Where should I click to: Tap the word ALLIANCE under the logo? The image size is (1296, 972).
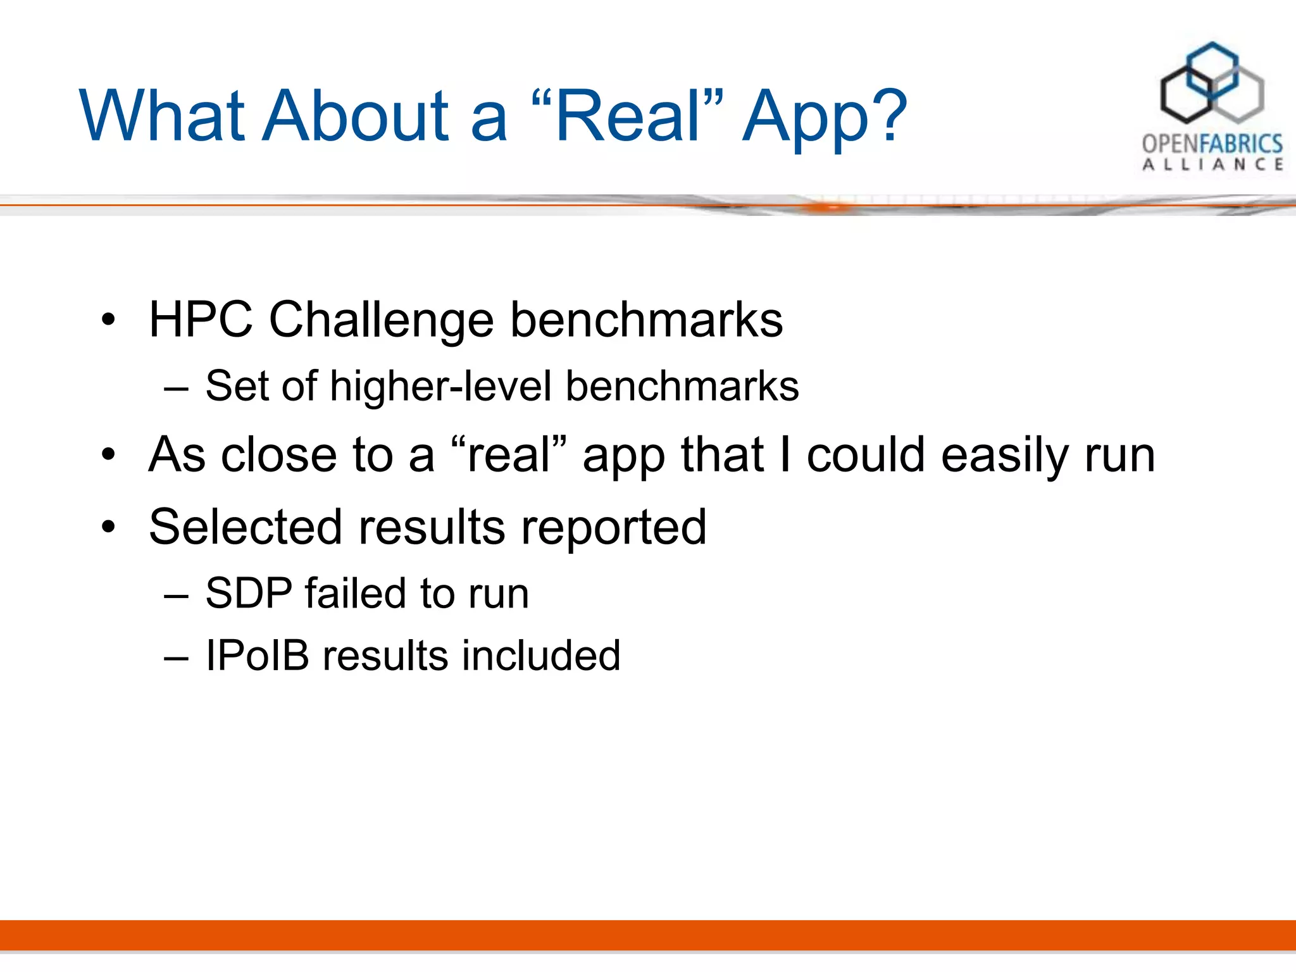coord(1212,165)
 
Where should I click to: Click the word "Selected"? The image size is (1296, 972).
coord(246,526)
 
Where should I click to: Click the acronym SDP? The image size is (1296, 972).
coord(249,593)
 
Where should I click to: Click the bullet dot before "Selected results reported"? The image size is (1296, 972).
coord(109,526)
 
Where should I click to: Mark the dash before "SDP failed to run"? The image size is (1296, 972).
coord(176,595)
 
